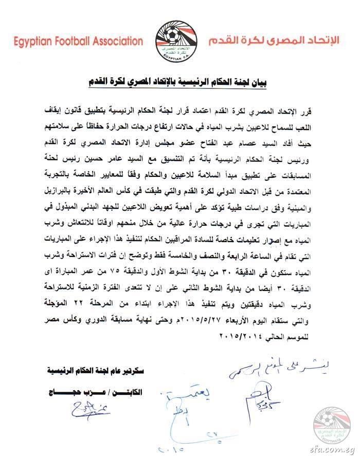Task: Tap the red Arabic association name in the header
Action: coord(278,40)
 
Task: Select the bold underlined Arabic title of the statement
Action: coord(180,81)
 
